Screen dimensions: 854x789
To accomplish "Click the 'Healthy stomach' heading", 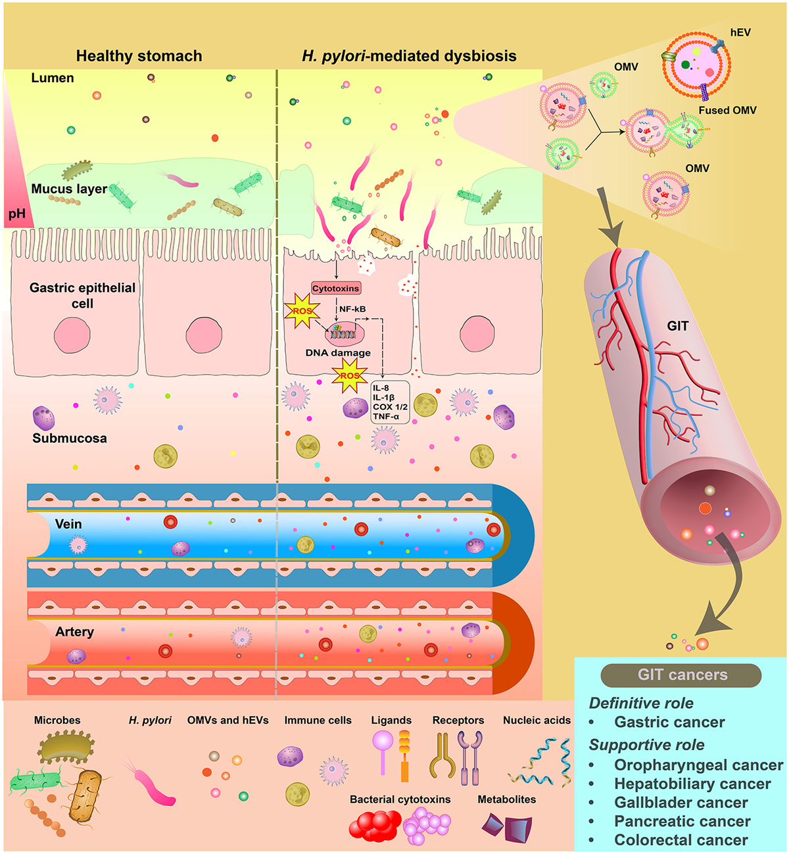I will click(139, 56).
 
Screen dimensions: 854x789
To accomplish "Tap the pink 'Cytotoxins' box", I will click(336, 289).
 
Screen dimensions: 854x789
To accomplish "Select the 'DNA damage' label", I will click(338, 353).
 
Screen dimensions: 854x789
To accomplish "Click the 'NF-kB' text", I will click(352, 309).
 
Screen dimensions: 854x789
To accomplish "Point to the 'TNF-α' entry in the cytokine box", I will click(386, 417).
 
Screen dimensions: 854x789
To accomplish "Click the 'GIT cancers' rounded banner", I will click(681, 675).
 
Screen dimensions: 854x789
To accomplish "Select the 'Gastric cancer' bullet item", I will click(669, 722).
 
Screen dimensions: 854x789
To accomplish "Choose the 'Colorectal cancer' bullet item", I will click(681, 840).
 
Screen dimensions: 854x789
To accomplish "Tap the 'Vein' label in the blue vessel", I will click(68, 524).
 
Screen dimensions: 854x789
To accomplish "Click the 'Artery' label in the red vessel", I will click(74, 632).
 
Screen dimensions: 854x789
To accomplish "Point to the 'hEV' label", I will click(740, 32).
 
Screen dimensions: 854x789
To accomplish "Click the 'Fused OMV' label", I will click(727, 110).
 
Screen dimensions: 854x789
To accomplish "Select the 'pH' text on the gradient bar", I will click(17, 214).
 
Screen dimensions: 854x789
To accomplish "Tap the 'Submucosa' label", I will click(70, 439).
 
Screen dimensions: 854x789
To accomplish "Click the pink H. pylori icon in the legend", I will click(152, 783).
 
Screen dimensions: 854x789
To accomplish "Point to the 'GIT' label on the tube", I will click(677, 325).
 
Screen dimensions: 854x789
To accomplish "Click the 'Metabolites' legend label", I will click(506, 799).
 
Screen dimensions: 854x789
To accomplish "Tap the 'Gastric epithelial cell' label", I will click(82, 295).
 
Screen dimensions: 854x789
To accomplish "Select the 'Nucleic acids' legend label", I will click(537, 721).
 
